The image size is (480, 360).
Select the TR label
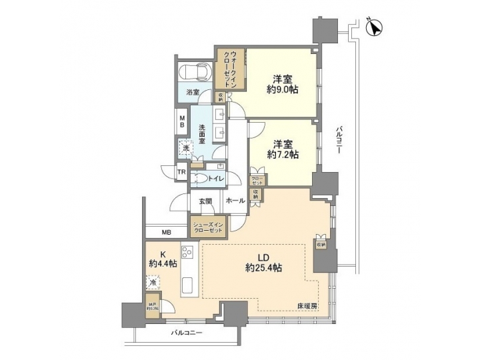[x=181, y=173]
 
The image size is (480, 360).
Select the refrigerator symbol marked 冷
[x=153, y=283]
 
